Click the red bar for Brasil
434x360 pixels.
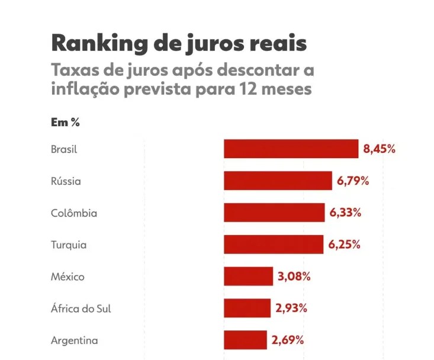pos(291,149)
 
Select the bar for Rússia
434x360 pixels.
pos(278,181)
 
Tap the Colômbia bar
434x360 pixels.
pos(274,213)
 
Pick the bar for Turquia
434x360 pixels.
pos(274,245)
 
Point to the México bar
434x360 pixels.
pos(249,276)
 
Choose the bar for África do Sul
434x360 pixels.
pos(247,308)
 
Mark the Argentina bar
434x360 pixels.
pos(246,340)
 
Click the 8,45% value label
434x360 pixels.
pos(379,149)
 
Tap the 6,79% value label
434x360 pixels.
pos(353,181)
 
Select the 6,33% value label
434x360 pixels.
pos(345,213)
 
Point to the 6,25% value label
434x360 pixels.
pos(345,245)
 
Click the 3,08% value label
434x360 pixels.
pos(294,277)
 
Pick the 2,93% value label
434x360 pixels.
pos(291,308)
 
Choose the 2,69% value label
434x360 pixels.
pos(288,340)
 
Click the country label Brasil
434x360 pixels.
pos(64,149)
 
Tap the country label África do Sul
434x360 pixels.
pos(81,308)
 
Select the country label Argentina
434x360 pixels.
pos(75,340)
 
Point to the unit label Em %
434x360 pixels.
pos(65,122)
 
